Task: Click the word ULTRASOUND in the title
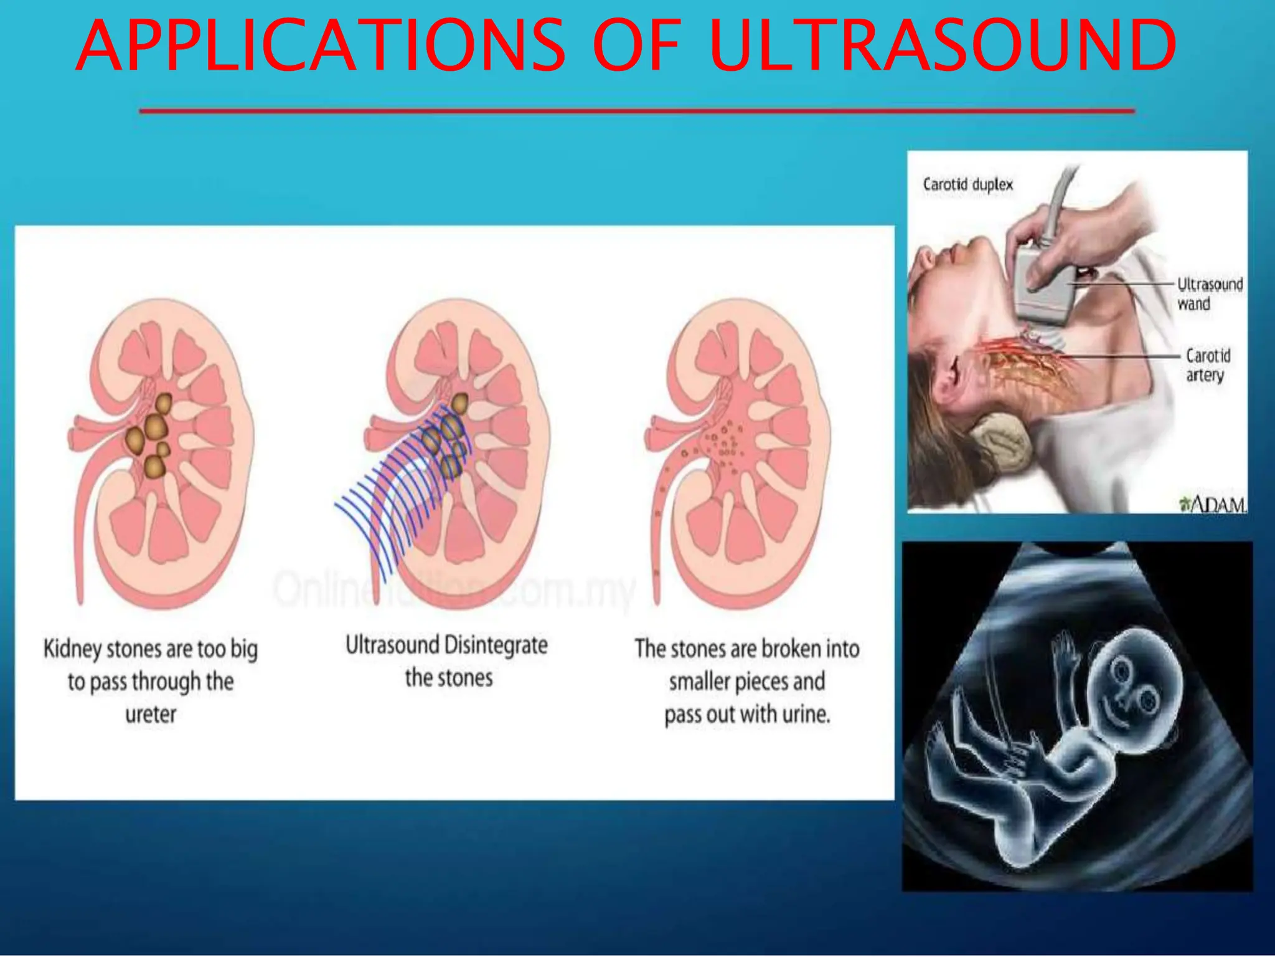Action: pos(942,45)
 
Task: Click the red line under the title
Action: pos(636,112)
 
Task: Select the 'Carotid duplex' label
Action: pos(967,184)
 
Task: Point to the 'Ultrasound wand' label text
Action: pos(1209,294)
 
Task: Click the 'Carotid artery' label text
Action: pos(1207,365)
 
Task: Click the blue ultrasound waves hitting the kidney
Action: pos(398,492)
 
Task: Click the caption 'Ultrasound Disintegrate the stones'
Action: pos(447,661)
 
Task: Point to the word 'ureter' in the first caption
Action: pos(151,714)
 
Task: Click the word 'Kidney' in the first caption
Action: pos(72,649)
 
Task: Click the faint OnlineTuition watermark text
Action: pos(454,589)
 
